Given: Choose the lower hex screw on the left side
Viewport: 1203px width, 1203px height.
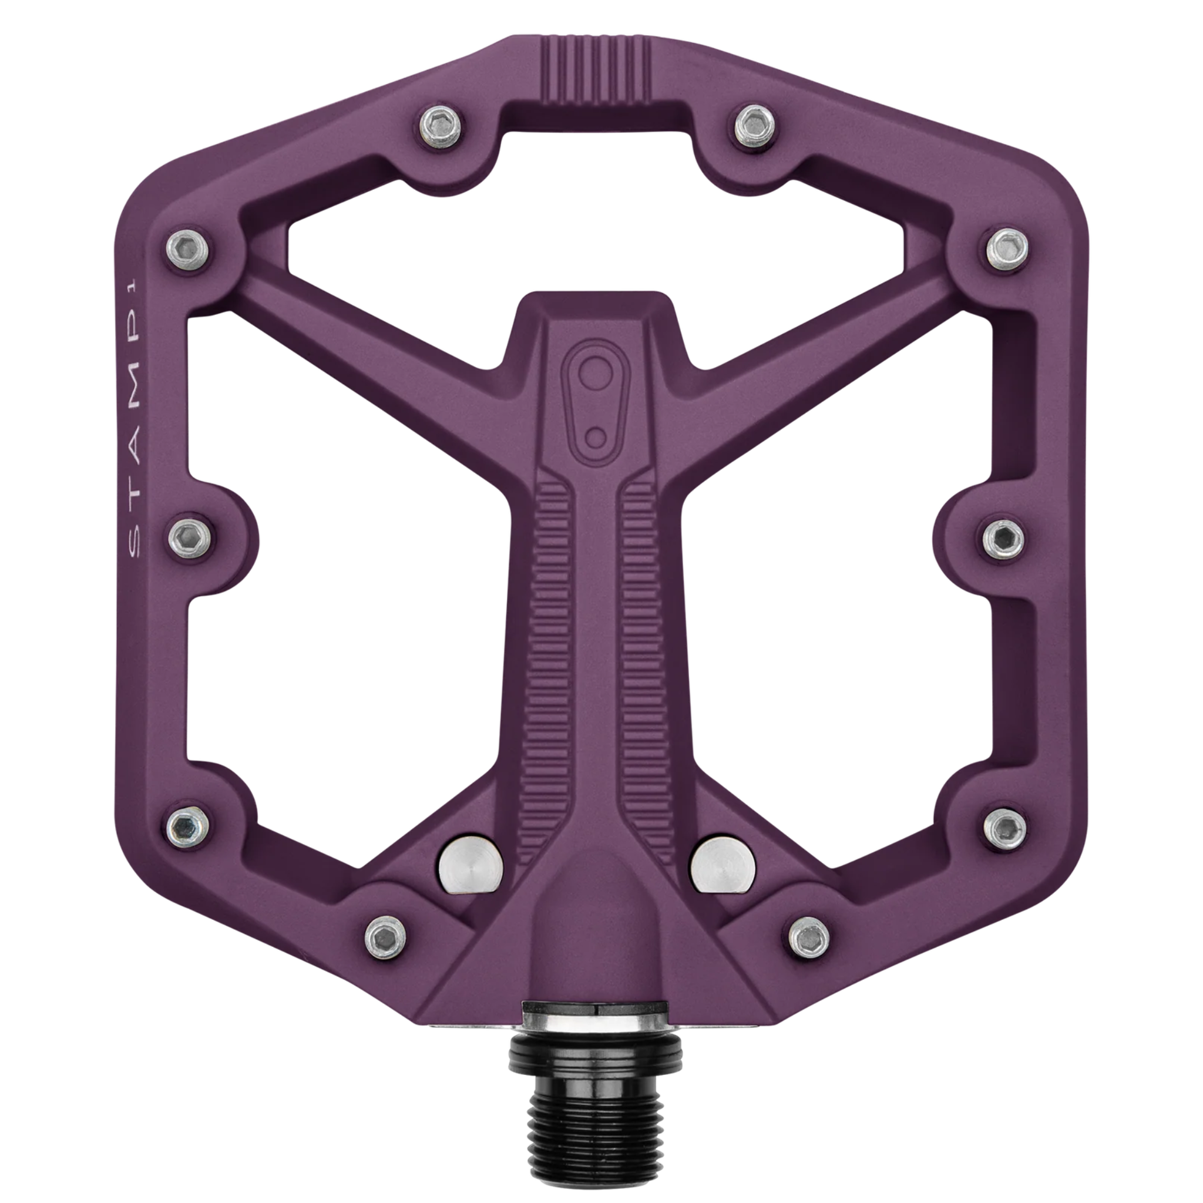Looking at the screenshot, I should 188,828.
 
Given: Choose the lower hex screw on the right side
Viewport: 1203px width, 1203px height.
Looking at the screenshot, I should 1005,828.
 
